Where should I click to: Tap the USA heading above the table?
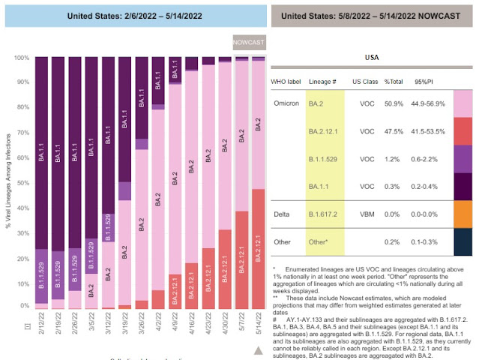(x=371, y=56)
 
